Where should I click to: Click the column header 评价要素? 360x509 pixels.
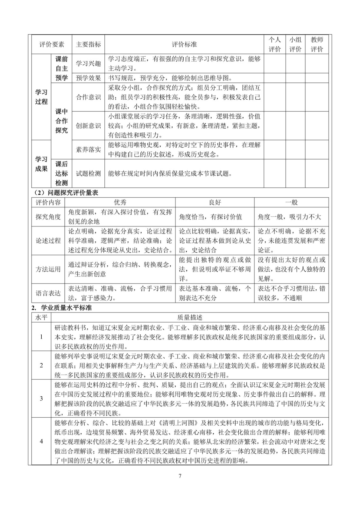pyautogui.click(x=52, y=45)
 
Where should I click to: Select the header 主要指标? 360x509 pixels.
pyautogui.click(x=88, y=45)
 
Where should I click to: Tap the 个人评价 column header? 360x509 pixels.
pyautogui.click(x=274, y=45)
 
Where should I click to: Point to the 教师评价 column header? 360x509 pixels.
pyautogui.click(x=317, y=45)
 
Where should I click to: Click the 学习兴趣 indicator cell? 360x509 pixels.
pyautogui.click(x=88, y=64)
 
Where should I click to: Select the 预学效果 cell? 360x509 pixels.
pyautogui.click(x=88, y=78)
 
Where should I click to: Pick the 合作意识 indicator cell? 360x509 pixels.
pyautogui.click(x=88, y=97)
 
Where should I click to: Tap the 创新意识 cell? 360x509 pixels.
pyautogui.click(x=88, y=126)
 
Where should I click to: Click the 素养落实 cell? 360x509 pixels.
pyautogui.click(x=88, y=150)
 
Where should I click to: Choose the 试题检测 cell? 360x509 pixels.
pyautogui.click(x=88, y=173)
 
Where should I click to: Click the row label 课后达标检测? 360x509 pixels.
pyautogui.click(x=61, y=173)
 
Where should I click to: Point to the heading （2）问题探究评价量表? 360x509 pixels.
pyautogui.click(x=66, y=193)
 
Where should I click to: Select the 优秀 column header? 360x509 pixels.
pyautogui.click(x=120, y=203)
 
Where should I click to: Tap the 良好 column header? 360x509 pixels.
pyautogui.click(x=215, y=203)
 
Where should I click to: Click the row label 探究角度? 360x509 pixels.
pyautogui.click(x=48, y=217)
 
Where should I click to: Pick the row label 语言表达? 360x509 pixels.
pyautogui.click(x=48, y=293)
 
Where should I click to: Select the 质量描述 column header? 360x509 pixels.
pyautogui.click(x=190, y=317)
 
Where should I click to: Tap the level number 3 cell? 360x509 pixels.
pyautogui.click(x=41, y=399)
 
